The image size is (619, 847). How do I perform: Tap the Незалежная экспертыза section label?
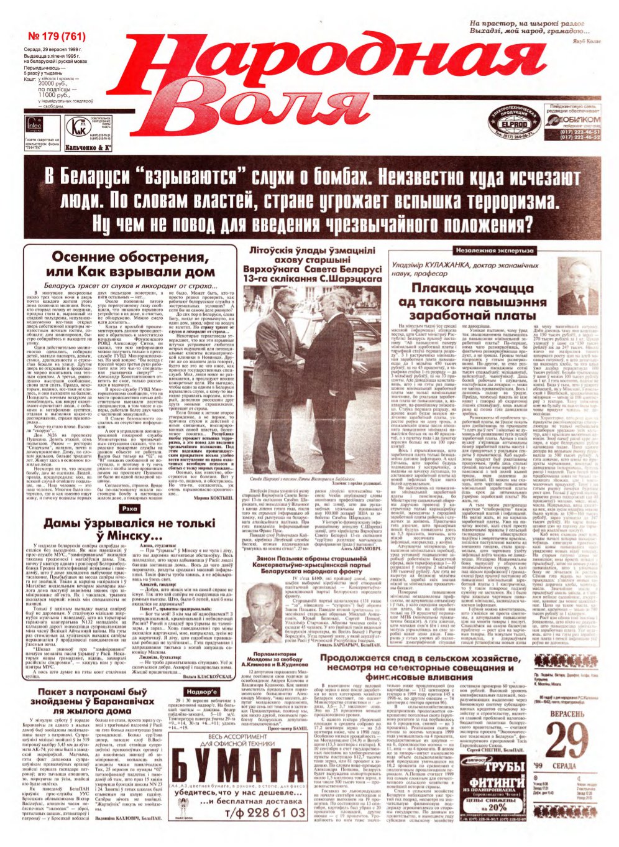click(x=494, y=251)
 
